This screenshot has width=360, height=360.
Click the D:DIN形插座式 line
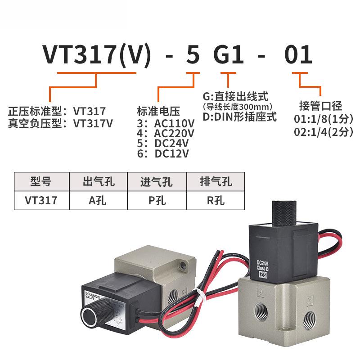239,118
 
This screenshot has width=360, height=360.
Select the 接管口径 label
321,106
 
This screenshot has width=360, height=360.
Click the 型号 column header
41,182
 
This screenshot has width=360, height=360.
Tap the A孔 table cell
99,200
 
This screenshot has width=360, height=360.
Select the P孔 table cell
157,200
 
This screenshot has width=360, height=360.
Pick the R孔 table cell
216,200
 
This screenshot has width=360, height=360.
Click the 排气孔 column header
216,182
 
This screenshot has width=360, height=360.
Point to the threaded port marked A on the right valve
262,310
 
